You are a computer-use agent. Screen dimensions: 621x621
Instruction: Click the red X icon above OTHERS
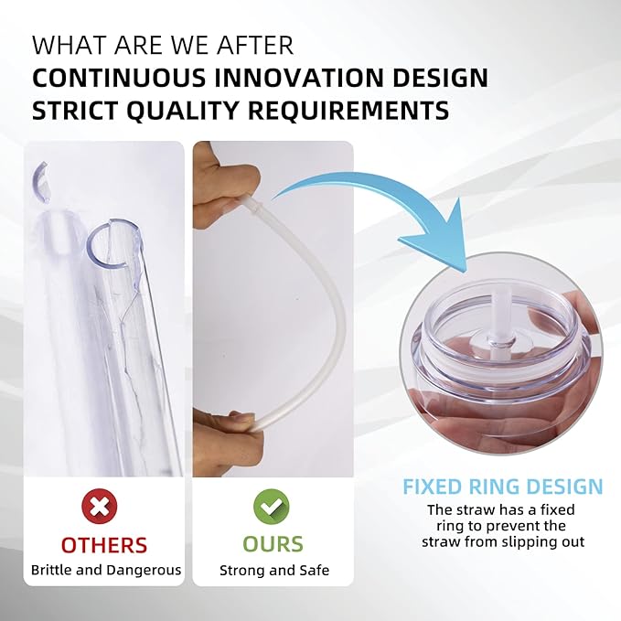tap(100, 506)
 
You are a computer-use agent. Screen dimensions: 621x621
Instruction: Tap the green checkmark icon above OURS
tap(272, 507)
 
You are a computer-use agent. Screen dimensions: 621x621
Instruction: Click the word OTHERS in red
tap(104, 545)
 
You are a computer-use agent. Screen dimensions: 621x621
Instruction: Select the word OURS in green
tap(273, 544)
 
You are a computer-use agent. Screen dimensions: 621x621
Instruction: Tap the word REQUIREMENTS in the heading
tap(349, 111)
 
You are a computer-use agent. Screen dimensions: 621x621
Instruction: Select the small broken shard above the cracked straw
tap(39, 181)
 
